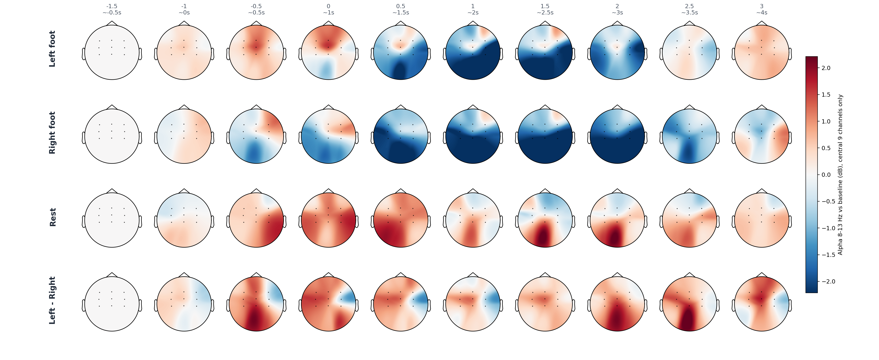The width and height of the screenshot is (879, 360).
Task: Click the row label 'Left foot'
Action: click(x=52, y=49)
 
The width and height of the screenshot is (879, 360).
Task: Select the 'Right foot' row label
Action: click(x=52, y=133)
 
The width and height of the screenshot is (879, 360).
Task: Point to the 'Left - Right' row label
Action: click(x=52, y=300)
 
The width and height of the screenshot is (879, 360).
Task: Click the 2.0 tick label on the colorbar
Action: click(x=826, y=68)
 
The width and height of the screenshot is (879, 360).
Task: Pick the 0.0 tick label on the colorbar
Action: click(x=826, y=175)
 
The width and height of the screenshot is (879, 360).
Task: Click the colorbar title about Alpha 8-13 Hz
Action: click(x=840, y=175)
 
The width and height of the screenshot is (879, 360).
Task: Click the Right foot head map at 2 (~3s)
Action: click(x=617, y=136)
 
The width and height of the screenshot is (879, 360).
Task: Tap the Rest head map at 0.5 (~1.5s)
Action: click(x=401, y=220)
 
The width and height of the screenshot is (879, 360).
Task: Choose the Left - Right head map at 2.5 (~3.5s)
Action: click(x=689, y=304)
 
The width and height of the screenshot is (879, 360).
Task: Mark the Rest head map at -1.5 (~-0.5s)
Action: click(x=112, y=220)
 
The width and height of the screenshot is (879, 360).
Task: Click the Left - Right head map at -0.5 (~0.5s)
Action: click(x=256, y=304)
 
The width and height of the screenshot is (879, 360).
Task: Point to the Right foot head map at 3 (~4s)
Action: click(x=762, y=136)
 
